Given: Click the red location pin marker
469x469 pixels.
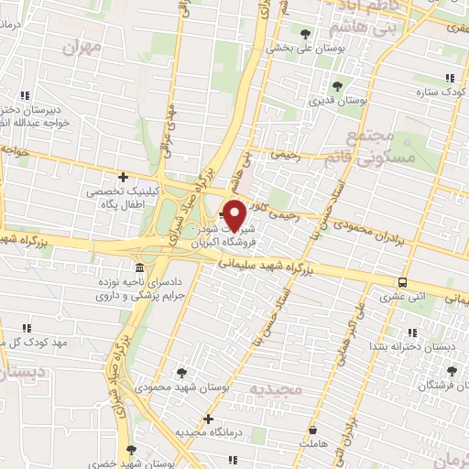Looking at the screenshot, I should (235, 215).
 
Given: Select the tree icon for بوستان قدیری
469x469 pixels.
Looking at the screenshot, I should (338, 87).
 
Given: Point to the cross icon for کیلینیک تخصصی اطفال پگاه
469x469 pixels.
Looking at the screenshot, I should (123, 177).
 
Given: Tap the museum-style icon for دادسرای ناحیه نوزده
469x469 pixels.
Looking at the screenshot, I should (138, 268).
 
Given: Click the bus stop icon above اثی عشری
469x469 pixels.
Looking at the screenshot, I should (403, 282).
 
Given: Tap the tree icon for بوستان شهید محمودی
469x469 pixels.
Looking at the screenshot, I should (180, 373).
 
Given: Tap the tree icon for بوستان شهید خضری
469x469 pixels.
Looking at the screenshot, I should (131, 450).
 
